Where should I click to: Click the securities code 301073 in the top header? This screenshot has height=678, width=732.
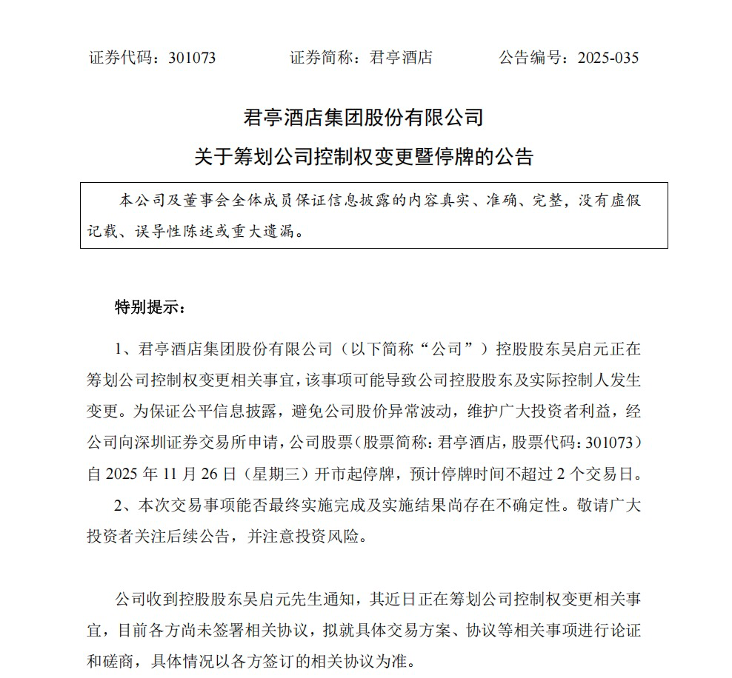(192, 58)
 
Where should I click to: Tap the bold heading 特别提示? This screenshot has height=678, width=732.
(145, 307)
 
